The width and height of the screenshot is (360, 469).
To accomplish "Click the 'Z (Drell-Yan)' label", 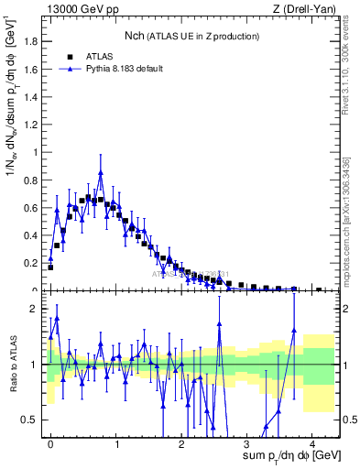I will point(305,9).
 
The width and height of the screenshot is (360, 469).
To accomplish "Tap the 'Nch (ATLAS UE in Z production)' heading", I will point(191,36).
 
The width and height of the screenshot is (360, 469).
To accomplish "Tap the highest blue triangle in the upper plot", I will point(101,172).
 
